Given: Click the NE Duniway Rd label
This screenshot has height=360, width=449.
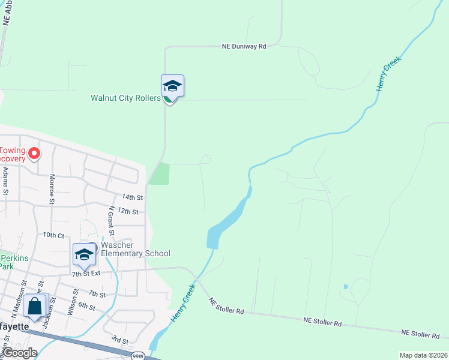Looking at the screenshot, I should (x=244, y=46).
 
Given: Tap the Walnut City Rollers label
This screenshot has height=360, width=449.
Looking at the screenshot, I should (x=125, y=98).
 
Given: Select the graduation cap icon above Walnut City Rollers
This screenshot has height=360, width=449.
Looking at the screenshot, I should (x=172, y=86).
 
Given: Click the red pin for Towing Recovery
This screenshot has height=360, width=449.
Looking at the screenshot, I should (x=34, y=154).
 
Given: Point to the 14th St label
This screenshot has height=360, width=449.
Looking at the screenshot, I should (x=132, y=197).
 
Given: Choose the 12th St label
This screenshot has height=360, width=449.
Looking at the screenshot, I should (x=128, y=212).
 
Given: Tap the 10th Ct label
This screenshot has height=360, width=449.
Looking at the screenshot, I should (x=53, y=235).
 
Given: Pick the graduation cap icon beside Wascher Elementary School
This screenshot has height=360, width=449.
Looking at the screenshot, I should (x=85, y=254).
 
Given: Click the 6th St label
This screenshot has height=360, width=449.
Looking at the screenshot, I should (x=86, y=307).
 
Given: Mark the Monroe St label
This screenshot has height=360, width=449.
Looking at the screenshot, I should (x=52, y=188).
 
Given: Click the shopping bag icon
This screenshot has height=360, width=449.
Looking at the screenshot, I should (x=36, y=305).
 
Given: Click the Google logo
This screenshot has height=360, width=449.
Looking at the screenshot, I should (x=19, y=353).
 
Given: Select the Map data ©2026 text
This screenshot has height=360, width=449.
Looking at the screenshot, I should (x=423, y=355).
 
